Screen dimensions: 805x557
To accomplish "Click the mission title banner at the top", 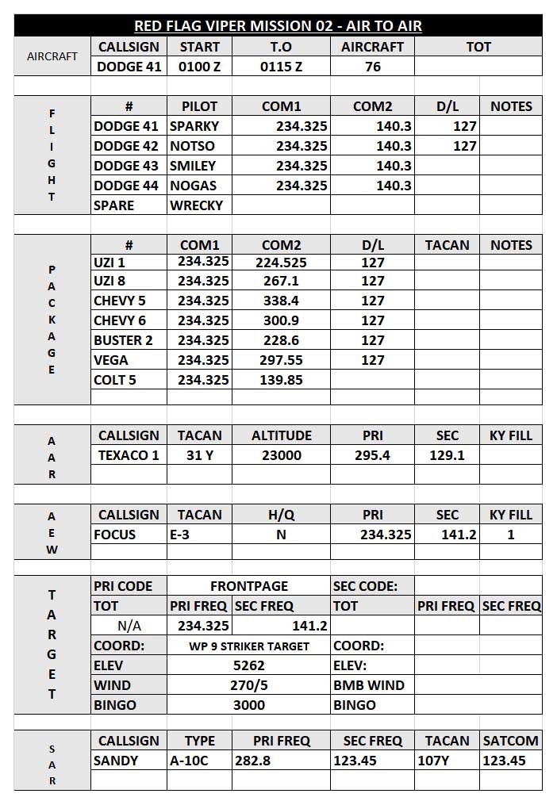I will (x=278, y=26).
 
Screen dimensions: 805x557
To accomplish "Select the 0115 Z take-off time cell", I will (x=281, y=67).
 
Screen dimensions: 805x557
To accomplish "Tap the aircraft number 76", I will (x=372, y=67).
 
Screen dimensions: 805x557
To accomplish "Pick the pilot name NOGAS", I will (x=193, y=186).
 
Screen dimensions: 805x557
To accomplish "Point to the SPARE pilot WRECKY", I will (x=196, y=205).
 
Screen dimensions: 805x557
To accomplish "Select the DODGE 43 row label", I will (x=126, y=166).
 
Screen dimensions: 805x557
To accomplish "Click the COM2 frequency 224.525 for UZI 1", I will (x=281, y=262).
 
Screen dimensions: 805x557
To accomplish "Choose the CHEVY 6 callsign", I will (x=120, y=320).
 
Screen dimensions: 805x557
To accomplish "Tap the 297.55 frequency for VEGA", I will (x=281, y=360).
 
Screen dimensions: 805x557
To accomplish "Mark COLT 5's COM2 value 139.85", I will (x=281, y=380).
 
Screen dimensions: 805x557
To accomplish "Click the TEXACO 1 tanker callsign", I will (x=129, y=455).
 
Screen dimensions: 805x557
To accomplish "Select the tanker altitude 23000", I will (x=281, y=455).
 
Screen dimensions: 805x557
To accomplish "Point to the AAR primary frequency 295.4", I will (x=372, y=455).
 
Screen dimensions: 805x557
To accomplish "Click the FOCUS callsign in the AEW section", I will (x=115, y=535).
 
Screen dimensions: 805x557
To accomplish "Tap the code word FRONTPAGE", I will (x=249, y=586).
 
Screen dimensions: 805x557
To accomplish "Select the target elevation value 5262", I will (x=249, y=665).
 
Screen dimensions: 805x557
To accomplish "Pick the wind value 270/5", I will (x=249, y=685).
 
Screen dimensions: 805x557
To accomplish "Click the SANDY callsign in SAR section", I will (x=116, y=761).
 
